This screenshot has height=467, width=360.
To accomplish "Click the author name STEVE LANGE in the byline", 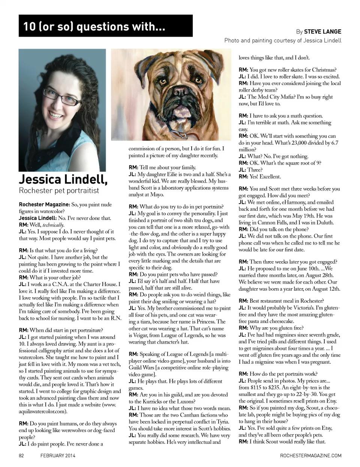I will tap(322, 32).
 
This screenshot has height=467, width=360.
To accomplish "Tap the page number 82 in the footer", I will tap(22, 455).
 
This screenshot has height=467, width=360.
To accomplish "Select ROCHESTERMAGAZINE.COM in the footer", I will tap(310, 455).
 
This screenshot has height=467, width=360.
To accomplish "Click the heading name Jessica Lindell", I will tap(63, 179).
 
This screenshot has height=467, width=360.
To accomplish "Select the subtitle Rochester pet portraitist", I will tap(59, 191).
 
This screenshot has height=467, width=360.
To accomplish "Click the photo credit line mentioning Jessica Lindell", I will tap(283, 41).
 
